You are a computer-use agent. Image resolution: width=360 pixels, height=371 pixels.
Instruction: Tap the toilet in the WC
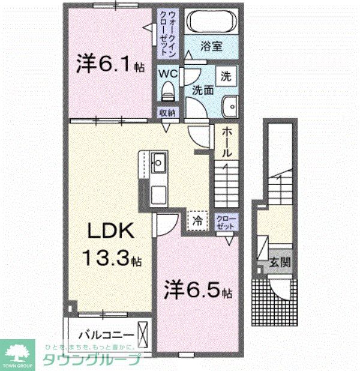(x=169, y=92)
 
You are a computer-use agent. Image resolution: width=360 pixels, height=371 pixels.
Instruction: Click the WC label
(x=168, y=73)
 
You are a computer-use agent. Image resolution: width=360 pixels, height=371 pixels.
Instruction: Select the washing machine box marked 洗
(x=225, y=76)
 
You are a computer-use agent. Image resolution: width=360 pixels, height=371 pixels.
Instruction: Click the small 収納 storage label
(x=167, y=113)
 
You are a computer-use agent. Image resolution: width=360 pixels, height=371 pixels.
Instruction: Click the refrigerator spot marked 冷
(x=197, y=220)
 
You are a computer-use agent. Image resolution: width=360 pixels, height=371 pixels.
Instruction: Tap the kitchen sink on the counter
(x=159, y=161)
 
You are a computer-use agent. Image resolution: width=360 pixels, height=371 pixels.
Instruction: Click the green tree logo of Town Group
(x=18, y=352)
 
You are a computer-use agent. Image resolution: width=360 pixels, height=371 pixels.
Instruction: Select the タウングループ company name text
(x=91, y=360)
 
